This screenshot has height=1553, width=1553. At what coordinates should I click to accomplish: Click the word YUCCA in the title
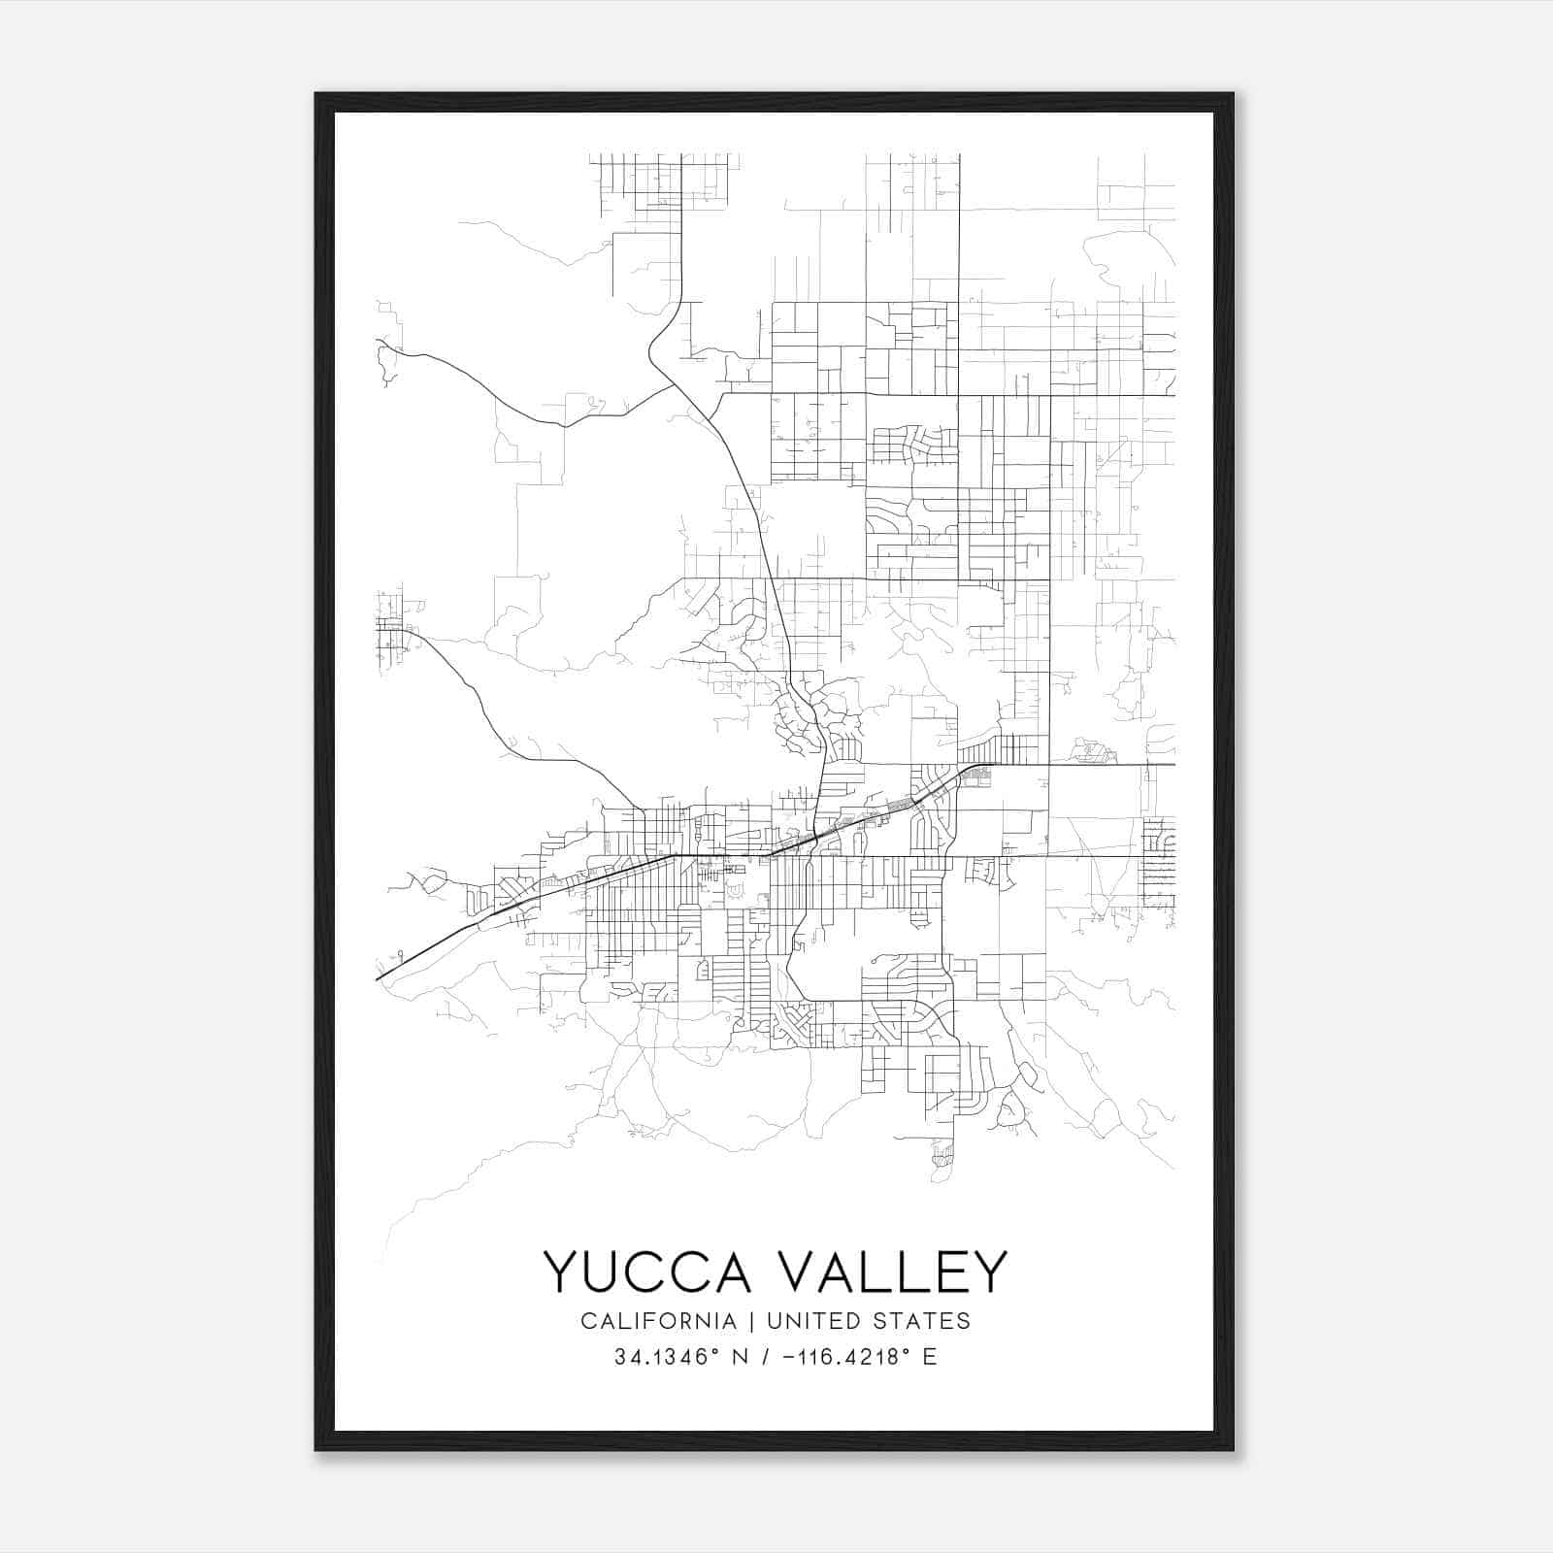(647, 1272)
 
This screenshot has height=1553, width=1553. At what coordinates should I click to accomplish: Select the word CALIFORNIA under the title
(657, 1321)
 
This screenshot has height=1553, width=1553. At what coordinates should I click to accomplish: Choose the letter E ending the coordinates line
(930, 1357)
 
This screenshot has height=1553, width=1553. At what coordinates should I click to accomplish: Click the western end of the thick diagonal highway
(378, 978)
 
